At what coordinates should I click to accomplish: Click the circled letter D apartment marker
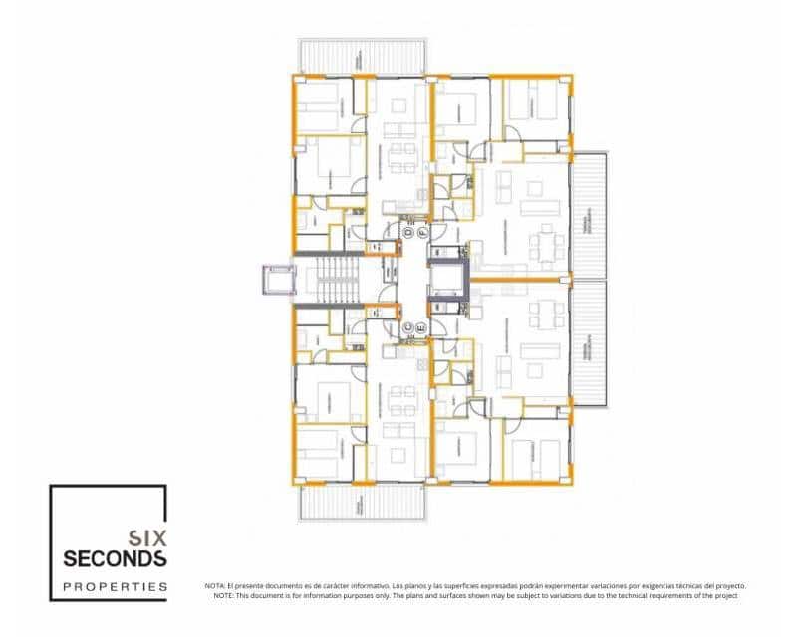[407, 231]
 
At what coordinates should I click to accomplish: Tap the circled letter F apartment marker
[422, 231]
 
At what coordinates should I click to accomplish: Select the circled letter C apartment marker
[407, 327]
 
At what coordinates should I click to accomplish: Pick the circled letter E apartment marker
[422, 327]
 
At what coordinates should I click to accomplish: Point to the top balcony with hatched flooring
[364, 56]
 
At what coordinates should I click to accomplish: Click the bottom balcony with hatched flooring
[364, 504]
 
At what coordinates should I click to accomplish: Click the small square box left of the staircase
[277, 280]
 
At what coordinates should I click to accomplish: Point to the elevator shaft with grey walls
[446, 280]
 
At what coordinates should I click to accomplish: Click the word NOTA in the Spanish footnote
[215, 586]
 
